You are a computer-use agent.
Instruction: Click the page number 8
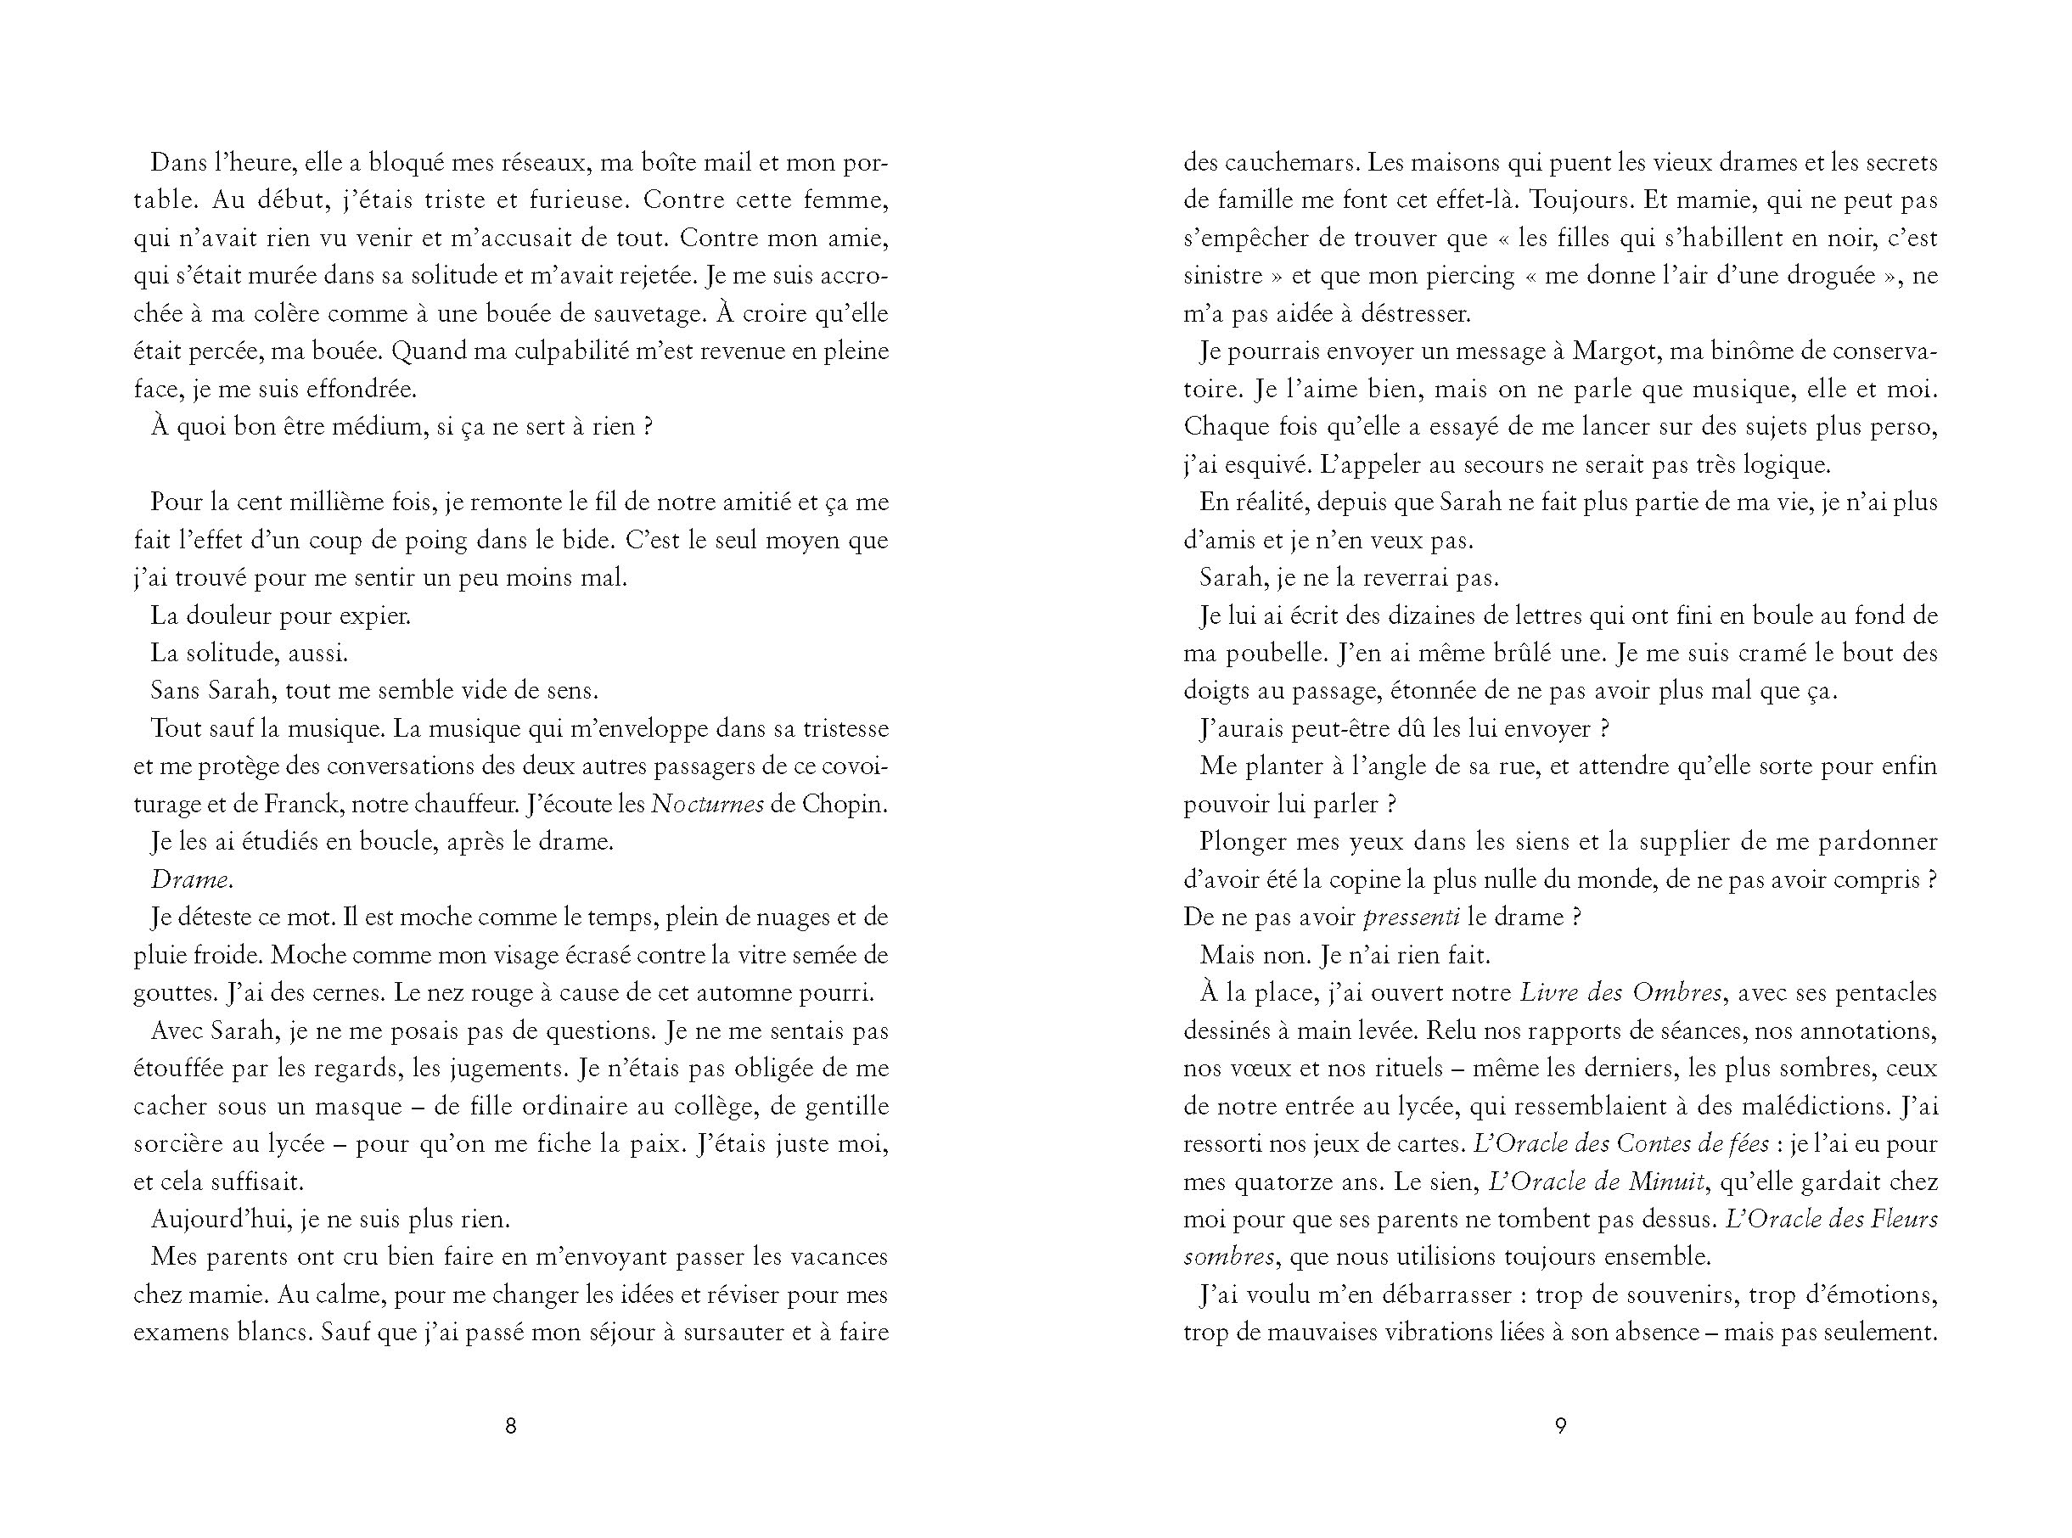[x=510, y=1425]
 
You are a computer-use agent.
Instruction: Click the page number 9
[x=1561, y=1425]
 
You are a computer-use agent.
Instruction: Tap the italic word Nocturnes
[x=707, y=805]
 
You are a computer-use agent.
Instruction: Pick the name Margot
[x=1613, y=352]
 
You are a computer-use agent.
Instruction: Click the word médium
[x=373, y=427]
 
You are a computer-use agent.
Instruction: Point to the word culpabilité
[x=565, y=352]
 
